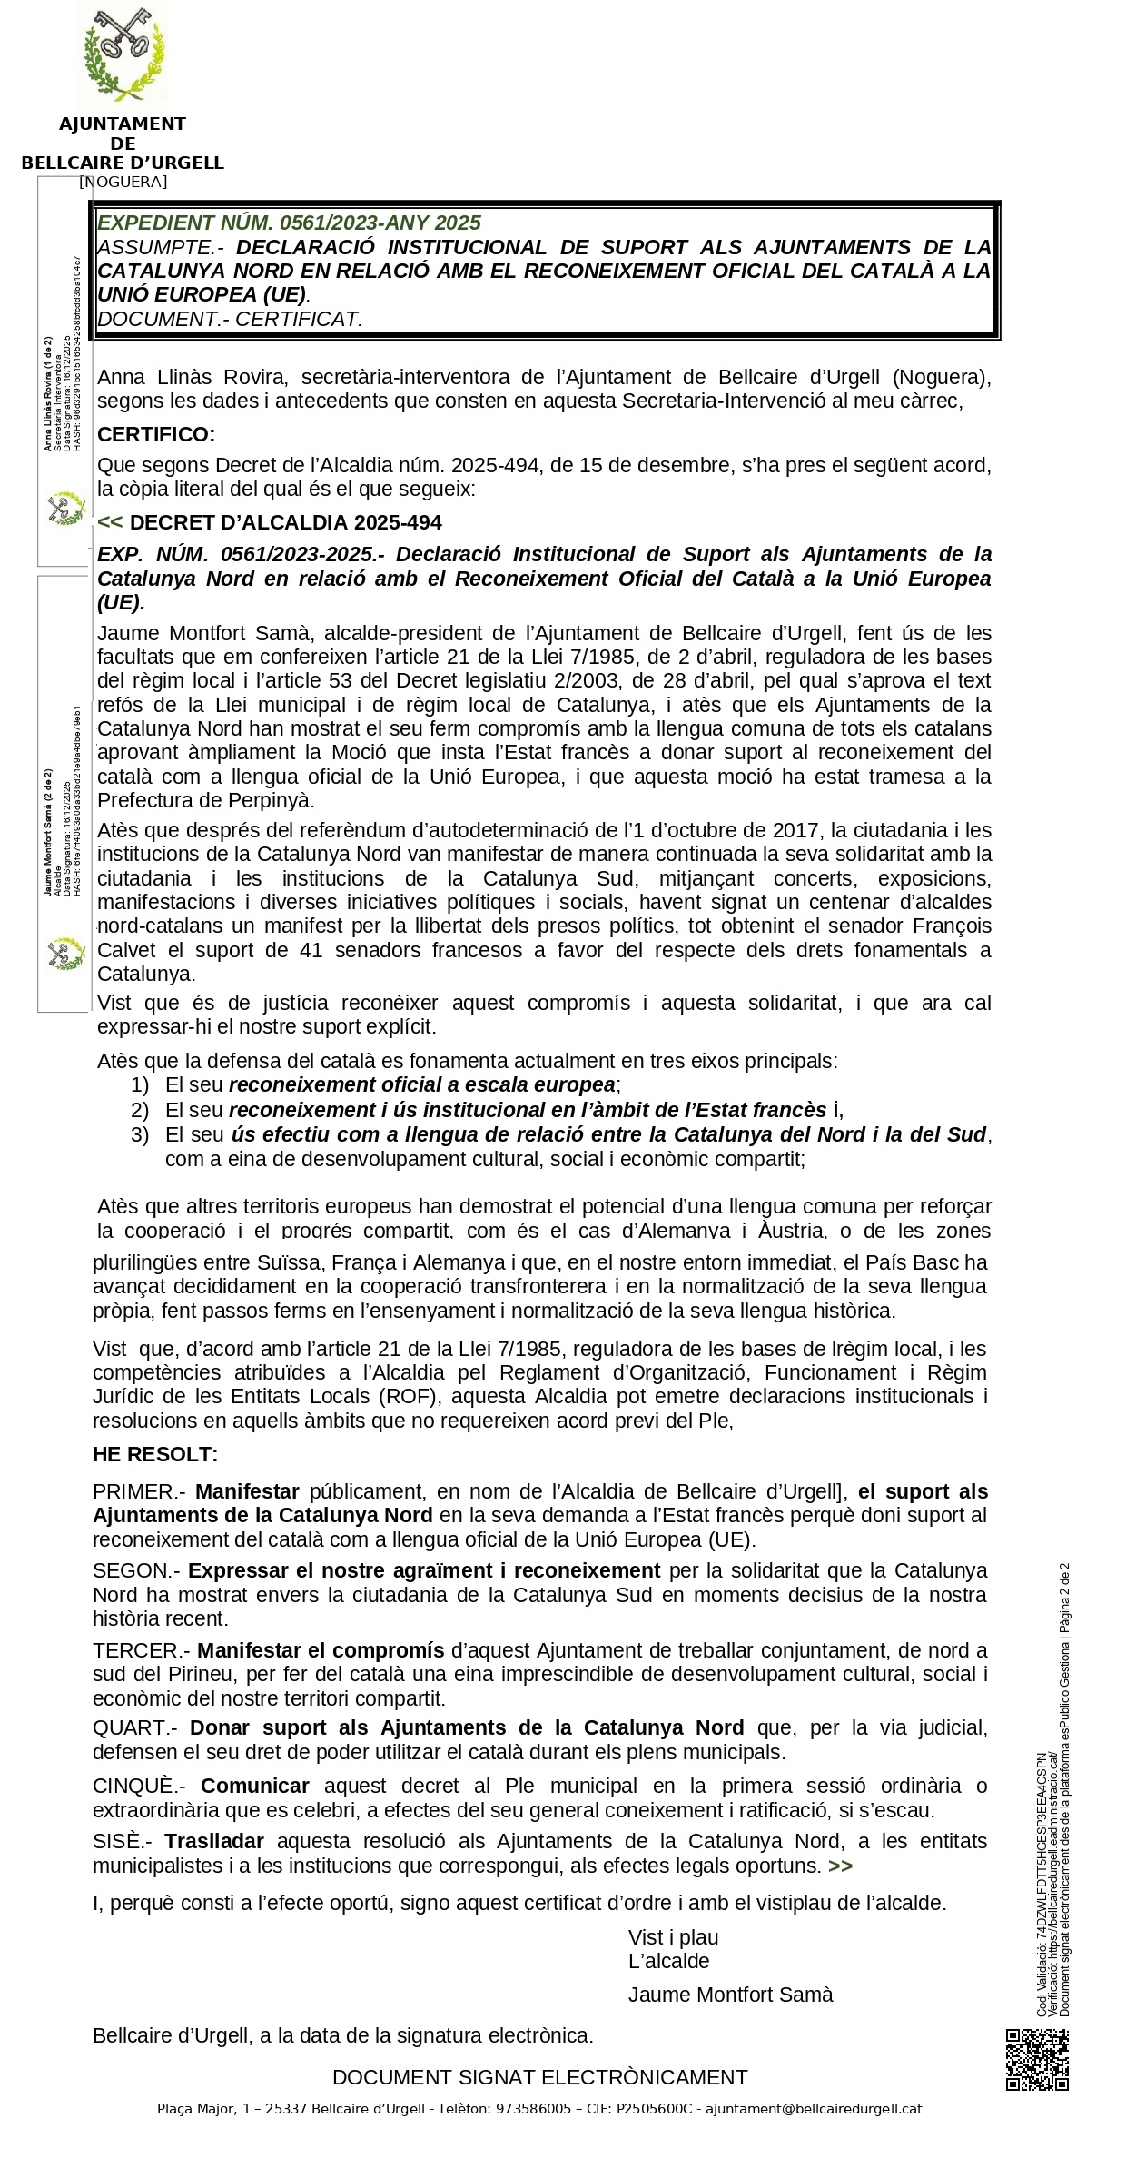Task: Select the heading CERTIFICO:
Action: (x=156, y=434)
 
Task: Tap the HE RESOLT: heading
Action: (x=155, y=1454)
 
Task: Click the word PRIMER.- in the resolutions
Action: (x=139, y=1491)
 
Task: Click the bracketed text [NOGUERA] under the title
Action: (x=123, y=182)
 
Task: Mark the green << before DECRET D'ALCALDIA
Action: (x=109, y=522)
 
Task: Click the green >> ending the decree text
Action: (x=841, y=1866)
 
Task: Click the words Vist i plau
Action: (x=673, y=1937)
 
